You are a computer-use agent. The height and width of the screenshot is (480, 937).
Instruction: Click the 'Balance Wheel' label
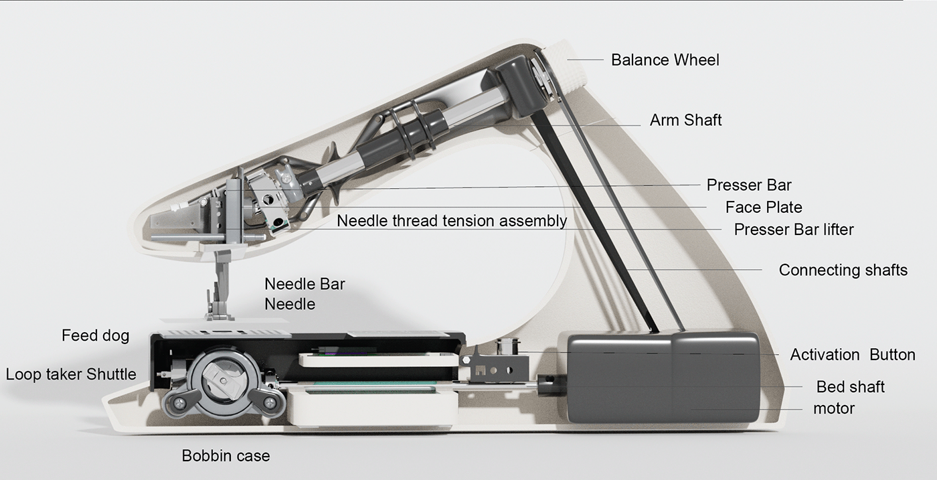(x=665, y=60)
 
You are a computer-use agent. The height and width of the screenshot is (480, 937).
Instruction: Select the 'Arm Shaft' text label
(x=685, y=121)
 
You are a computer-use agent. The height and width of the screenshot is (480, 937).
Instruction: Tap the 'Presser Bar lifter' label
(x=793, y=230)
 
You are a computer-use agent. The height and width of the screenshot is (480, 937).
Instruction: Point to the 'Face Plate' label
(x=763, y=208)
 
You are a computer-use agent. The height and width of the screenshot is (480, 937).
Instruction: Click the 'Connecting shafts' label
(x=843, y=270)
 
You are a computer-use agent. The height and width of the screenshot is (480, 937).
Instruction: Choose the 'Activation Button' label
(x=852, y=355)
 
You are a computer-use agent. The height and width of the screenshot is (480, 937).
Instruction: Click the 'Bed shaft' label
(x=850, y=387)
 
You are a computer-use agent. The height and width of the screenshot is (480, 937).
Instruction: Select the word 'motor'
(x=834, y=408)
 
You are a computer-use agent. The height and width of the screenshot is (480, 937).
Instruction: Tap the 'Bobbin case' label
(x=226, y=456)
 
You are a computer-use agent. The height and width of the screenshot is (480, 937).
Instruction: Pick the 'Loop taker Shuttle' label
(x=71, y=374)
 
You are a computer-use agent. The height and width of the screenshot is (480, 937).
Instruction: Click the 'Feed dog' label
(x=95, y=335)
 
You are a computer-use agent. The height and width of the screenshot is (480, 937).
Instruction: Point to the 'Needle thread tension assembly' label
(x=452, y=221)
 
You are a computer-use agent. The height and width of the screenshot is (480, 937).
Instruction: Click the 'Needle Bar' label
(x=305, y=284)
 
